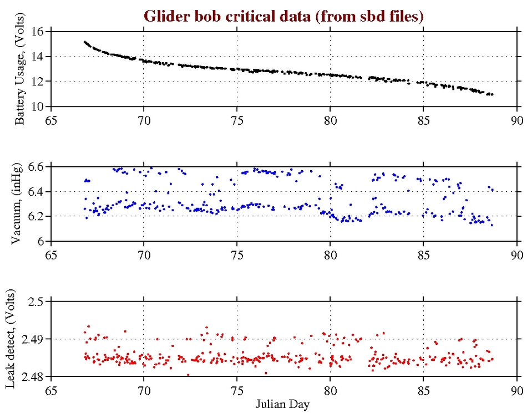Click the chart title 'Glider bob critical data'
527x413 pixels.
[283, 16]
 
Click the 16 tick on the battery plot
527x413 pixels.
[37, 31]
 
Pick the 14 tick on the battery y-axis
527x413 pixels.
[37, 57]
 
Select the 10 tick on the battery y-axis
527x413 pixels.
[37, 106]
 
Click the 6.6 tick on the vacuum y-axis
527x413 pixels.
[35, 167]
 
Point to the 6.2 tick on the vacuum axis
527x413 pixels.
[35, 216]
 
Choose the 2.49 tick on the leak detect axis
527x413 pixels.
[31, 339]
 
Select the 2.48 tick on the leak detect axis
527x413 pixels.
[31, 377]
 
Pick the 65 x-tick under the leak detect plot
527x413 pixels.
[50, 390]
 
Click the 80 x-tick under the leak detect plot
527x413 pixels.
[330, 390]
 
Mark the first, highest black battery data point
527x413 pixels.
[85, 42]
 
